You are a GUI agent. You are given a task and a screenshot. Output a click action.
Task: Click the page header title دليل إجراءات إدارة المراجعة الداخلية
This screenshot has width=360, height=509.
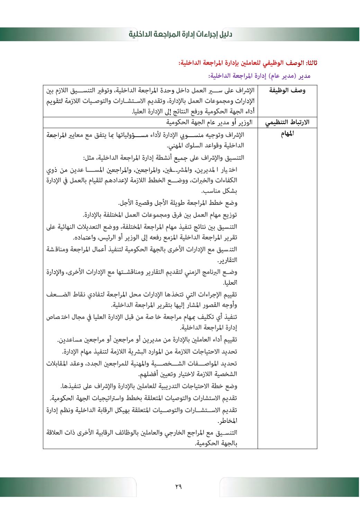180,34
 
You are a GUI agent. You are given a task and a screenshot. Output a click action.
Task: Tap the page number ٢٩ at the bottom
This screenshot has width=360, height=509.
178,486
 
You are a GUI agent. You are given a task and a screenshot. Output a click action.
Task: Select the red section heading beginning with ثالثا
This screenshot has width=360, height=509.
248,63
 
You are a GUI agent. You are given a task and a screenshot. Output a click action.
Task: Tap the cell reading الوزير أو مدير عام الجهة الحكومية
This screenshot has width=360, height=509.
209,122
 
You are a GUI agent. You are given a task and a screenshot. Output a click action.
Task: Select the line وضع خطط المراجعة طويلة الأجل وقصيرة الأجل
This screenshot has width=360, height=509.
178,203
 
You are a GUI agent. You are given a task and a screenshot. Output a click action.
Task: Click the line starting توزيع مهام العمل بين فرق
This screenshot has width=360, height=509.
160,215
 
